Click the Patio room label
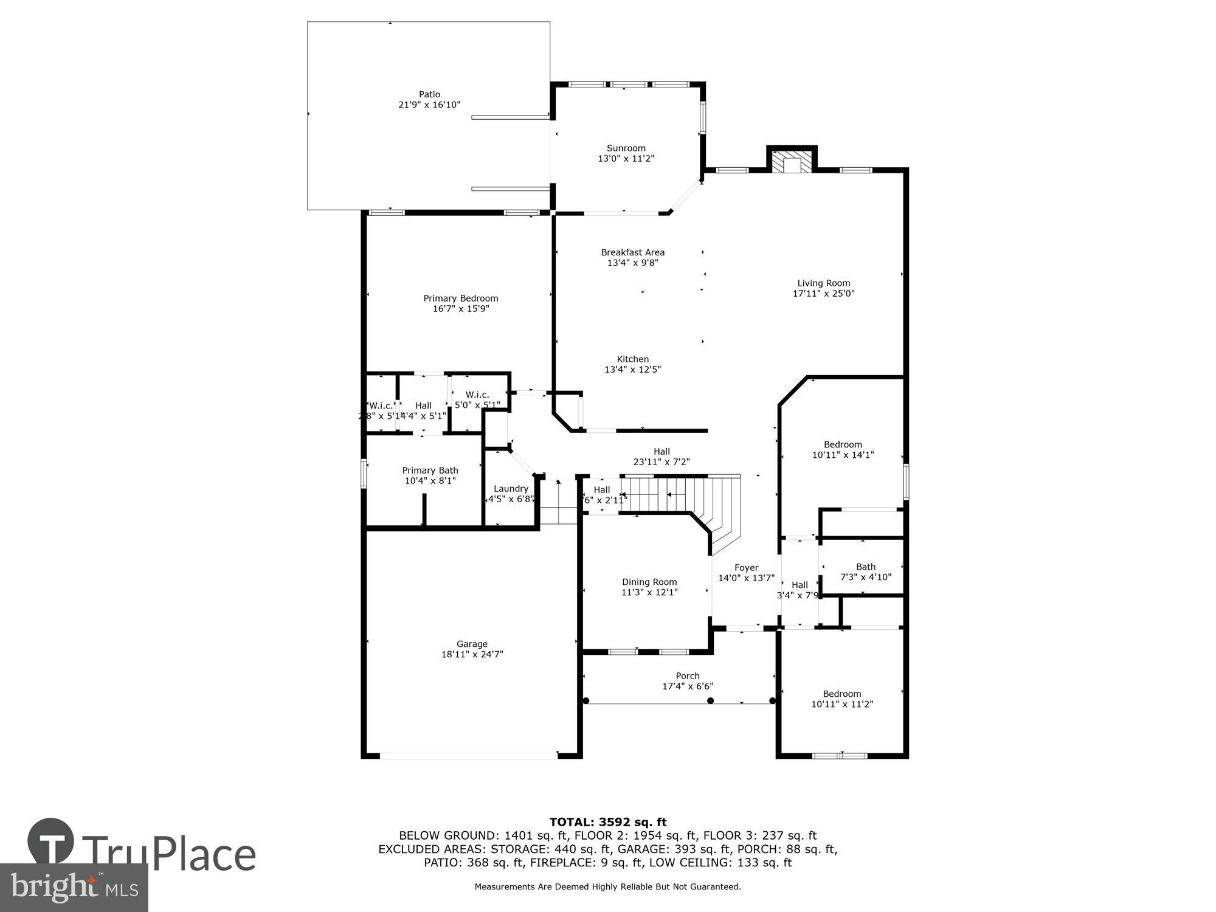[x=429, y=94]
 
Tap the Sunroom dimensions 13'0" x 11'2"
[x=626, y=159]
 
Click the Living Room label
[x=823, y=283]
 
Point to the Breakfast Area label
[x=632, y=252]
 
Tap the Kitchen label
[x=632, y=359]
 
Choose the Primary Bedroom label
[x=460, y=299]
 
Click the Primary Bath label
[x=430, y=471]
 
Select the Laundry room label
[x=511, y=489]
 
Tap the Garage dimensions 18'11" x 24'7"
[x=472, y=655]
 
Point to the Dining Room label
[x=649, y=582]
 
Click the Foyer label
[x=746, y=568]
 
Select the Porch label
[x=687, y=676]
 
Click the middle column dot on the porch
[x=710, y=701]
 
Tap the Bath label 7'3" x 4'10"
[x=865, y=572]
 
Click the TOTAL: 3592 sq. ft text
[x=607, y=823]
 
